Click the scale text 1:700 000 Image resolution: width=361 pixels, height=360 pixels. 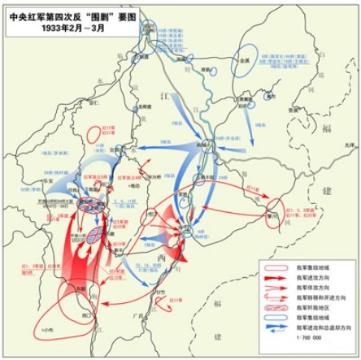308,339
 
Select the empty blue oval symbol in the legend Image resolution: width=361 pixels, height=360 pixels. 276,319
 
